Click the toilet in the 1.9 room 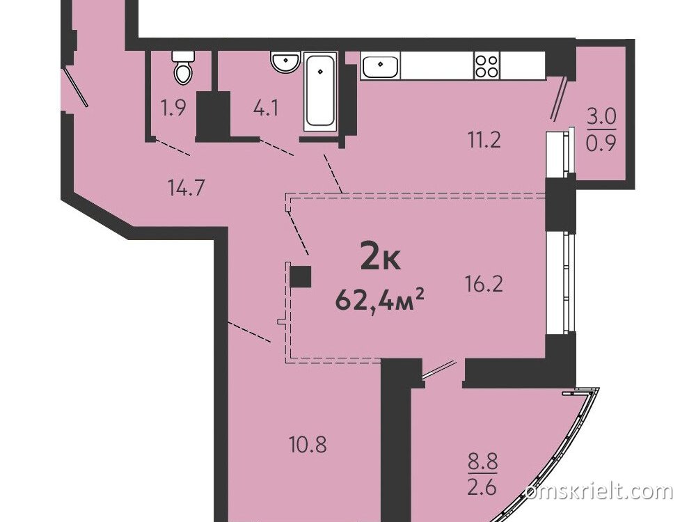click(183, 68)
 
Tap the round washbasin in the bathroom click(285, 62)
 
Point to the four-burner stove click(487, 66)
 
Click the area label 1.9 click(173, 108)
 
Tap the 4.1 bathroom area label click(266, 108)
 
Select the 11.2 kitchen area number click(484, 141)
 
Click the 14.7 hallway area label click(186, 188)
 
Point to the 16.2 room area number click(484, 284)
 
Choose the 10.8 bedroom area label click(308, 444)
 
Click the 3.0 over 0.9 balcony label click(601, 131)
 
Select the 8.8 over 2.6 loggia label click(482, 474)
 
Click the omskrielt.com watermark click(599, 492)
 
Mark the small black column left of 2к click(301, 277)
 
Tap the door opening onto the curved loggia click(439, 370)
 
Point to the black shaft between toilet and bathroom click(213, 116)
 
